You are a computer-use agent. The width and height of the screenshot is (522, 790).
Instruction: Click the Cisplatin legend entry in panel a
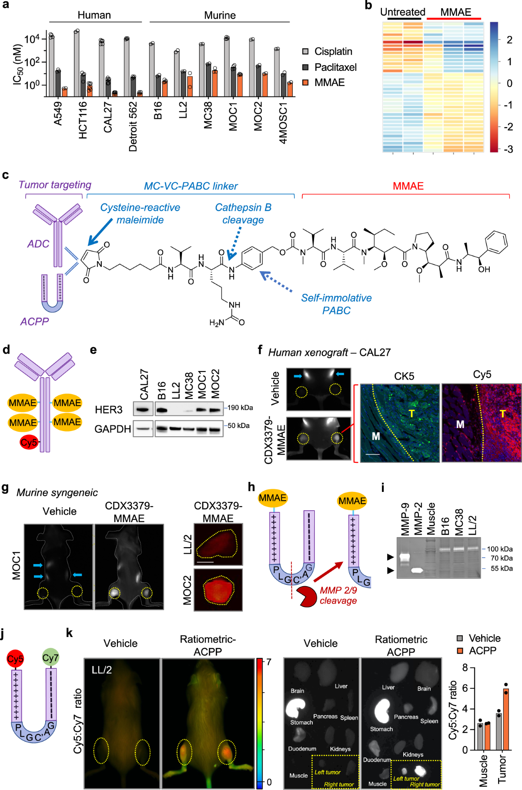(333, 51)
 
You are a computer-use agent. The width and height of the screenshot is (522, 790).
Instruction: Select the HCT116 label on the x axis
(83, 120)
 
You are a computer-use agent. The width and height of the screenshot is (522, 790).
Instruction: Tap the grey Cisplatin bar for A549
(51, 65)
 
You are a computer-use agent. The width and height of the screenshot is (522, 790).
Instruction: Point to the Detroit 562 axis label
(133, 126)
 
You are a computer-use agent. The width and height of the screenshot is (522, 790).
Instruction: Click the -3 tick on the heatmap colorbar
(508, 149)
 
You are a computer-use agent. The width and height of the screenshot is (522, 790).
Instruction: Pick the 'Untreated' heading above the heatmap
(402, 12)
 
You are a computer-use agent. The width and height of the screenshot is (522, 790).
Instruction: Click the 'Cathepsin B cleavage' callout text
(243, 213)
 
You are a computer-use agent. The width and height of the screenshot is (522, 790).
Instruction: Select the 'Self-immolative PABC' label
(336, 304)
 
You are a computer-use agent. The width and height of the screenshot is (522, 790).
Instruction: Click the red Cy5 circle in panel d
(29, 442)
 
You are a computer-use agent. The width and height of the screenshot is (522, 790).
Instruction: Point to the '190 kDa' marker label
(240, 408)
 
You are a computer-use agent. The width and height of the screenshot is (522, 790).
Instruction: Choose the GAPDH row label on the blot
(113, 429)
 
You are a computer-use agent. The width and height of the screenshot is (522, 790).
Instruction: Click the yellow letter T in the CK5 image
(411, 413)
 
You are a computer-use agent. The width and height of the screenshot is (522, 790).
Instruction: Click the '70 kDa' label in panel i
(502, 558)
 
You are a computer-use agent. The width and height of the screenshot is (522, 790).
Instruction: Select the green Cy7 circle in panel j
(50, 658)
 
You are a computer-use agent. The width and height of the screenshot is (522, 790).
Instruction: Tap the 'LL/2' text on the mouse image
(102, 670)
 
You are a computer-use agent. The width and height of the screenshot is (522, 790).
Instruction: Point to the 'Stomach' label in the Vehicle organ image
(301, 722)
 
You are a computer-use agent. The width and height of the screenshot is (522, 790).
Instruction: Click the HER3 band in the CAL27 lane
(142, 409)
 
